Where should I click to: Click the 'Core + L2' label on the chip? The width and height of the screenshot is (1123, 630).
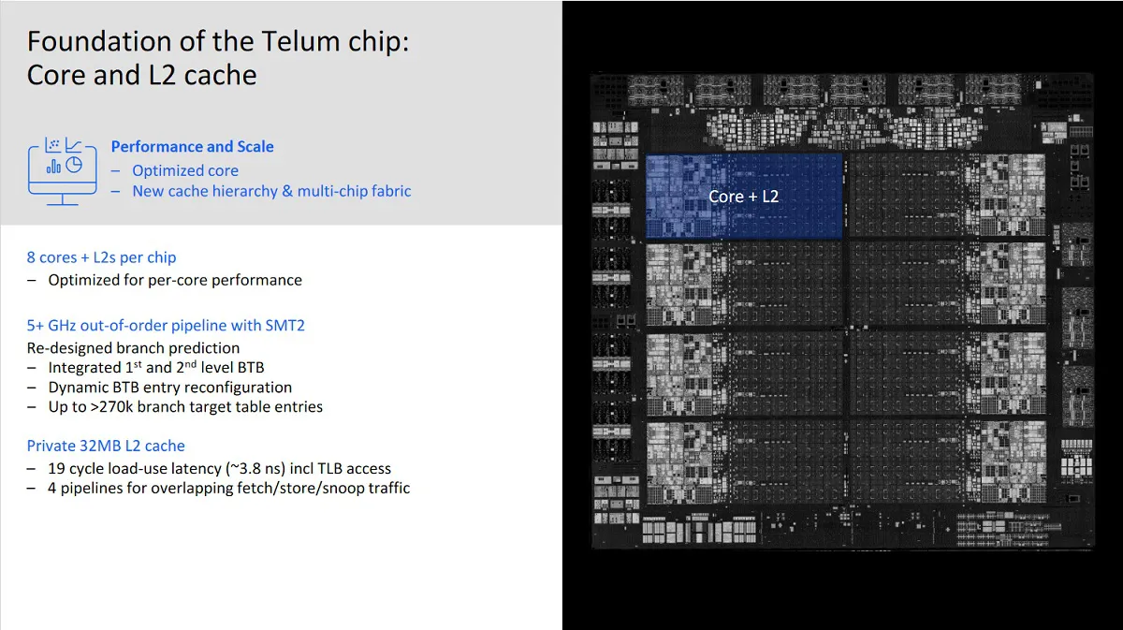coord(743,197)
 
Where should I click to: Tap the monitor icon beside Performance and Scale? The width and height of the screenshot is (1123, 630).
coord(63,171)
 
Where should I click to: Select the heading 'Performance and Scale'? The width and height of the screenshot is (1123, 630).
coord(193,146)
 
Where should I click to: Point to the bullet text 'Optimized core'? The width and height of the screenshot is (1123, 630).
coord(185,170)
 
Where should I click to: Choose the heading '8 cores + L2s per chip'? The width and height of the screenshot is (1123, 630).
coord(101,257)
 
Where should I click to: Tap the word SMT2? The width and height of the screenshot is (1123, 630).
coord(284,326)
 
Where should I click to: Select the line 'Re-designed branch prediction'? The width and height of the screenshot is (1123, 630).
coord(133,348)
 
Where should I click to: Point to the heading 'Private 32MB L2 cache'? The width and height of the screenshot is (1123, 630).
coord(106,446)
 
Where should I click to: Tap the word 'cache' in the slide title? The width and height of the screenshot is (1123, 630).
coord(221,75)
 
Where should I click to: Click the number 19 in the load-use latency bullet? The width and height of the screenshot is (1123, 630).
coord(57,468)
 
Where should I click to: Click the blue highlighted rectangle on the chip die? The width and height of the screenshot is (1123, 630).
coord(744,197)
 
